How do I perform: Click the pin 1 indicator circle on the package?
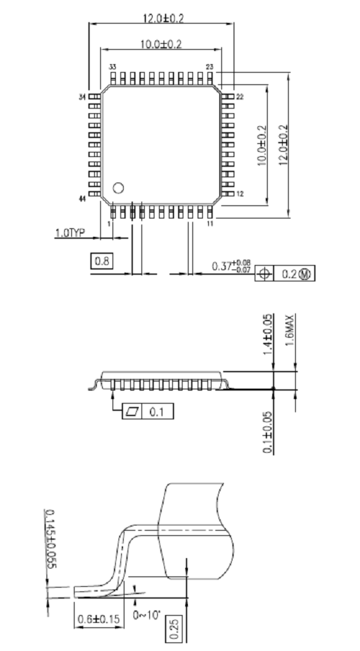118,188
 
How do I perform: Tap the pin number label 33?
113,67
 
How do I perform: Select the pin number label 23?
209,67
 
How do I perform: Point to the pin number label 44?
82,200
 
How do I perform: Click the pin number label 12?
240,194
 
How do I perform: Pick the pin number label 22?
240,97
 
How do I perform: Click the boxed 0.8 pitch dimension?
101,261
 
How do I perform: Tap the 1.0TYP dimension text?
70,233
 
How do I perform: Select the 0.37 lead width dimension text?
231,266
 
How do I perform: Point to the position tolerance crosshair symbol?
264,273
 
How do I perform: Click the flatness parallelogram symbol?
132,412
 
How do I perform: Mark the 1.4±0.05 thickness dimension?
268,334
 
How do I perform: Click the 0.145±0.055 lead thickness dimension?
50,538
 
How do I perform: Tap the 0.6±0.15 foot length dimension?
99,620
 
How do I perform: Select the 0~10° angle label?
147,615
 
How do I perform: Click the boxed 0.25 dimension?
174,629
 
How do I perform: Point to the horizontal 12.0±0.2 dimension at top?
163,19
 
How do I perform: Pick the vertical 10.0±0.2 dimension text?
262,146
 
